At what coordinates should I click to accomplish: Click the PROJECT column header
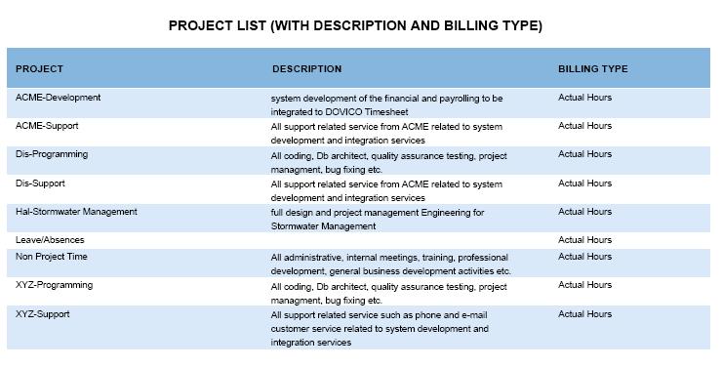click(39, 69)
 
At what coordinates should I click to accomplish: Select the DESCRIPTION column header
click(306, 69)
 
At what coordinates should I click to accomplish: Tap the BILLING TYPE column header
click(592, 69)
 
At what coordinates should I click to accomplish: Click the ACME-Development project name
click(58, 98)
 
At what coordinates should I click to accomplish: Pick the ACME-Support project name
click(47, 126)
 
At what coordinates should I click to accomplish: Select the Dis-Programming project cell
click(52, 154)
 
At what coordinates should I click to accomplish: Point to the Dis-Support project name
click(41, 183)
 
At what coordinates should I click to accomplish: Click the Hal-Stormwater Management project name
click(76, 211)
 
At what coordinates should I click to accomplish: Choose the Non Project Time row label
click(50, 257)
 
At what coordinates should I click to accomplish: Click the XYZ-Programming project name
click(54, 285)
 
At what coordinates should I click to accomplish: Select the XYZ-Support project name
click(43, 314)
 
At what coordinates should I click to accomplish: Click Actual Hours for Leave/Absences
click(584, 239)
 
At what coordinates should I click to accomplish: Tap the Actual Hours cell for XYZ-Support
click(584, 314)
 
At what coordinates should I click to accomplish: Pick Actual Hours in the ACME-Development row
click(584, 98)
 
